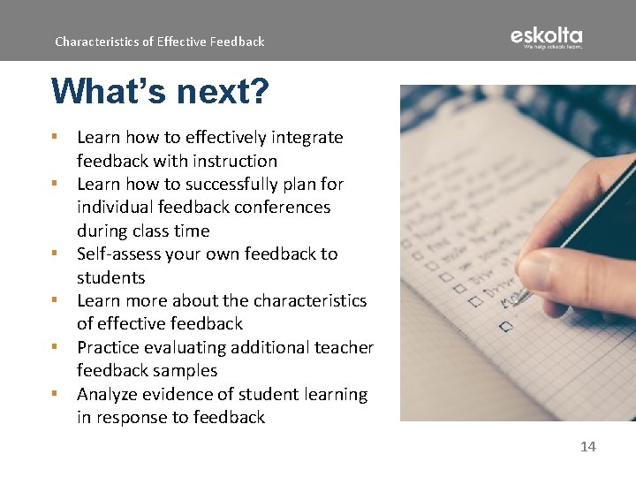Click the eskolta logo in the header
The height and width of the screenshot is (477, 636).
(x=546, y=38)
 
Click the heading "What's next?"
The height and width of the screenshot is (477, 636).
(x=160, y=90)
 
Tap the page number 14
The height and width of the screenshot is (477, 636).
(x=587, y=447)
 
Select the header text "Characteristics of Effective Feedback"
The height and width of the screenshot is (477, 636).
(x=159, y=42)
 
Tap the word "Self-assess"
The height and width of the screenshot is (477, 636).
(x=120, y=254)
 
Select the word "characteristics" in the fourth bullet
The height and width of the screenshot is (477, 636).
(x=309, y=300)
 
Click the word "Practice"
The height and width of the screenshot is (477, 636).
(x=110, y=348)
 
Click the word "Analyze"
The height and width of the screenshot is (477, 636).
(x=110, y=394)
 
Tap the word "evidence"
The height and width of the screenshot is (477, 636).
(x=183, y=394)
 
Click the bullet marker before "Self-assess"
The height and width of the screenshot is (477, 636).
(x=55, y=254)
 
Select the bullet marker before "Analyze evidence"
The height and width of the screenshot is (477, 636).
(x=55, y=393)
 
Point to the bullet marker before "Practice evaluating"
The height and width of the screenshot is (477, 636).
(x=55, y=347)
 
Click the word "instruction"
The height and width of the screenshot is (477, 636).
(x=233, y=161)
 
